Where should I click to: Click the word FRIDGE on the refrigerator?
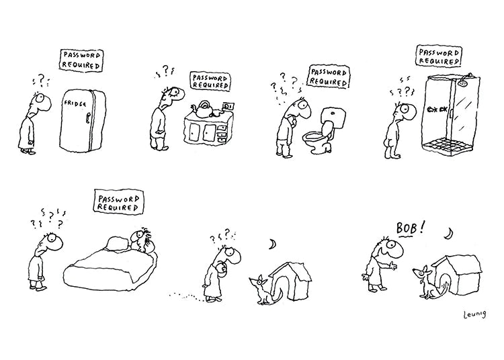click(75, 106)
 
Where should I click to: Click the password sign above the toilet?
click(329, 76)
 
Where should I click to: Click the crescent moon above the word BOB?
click(448, 233)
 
